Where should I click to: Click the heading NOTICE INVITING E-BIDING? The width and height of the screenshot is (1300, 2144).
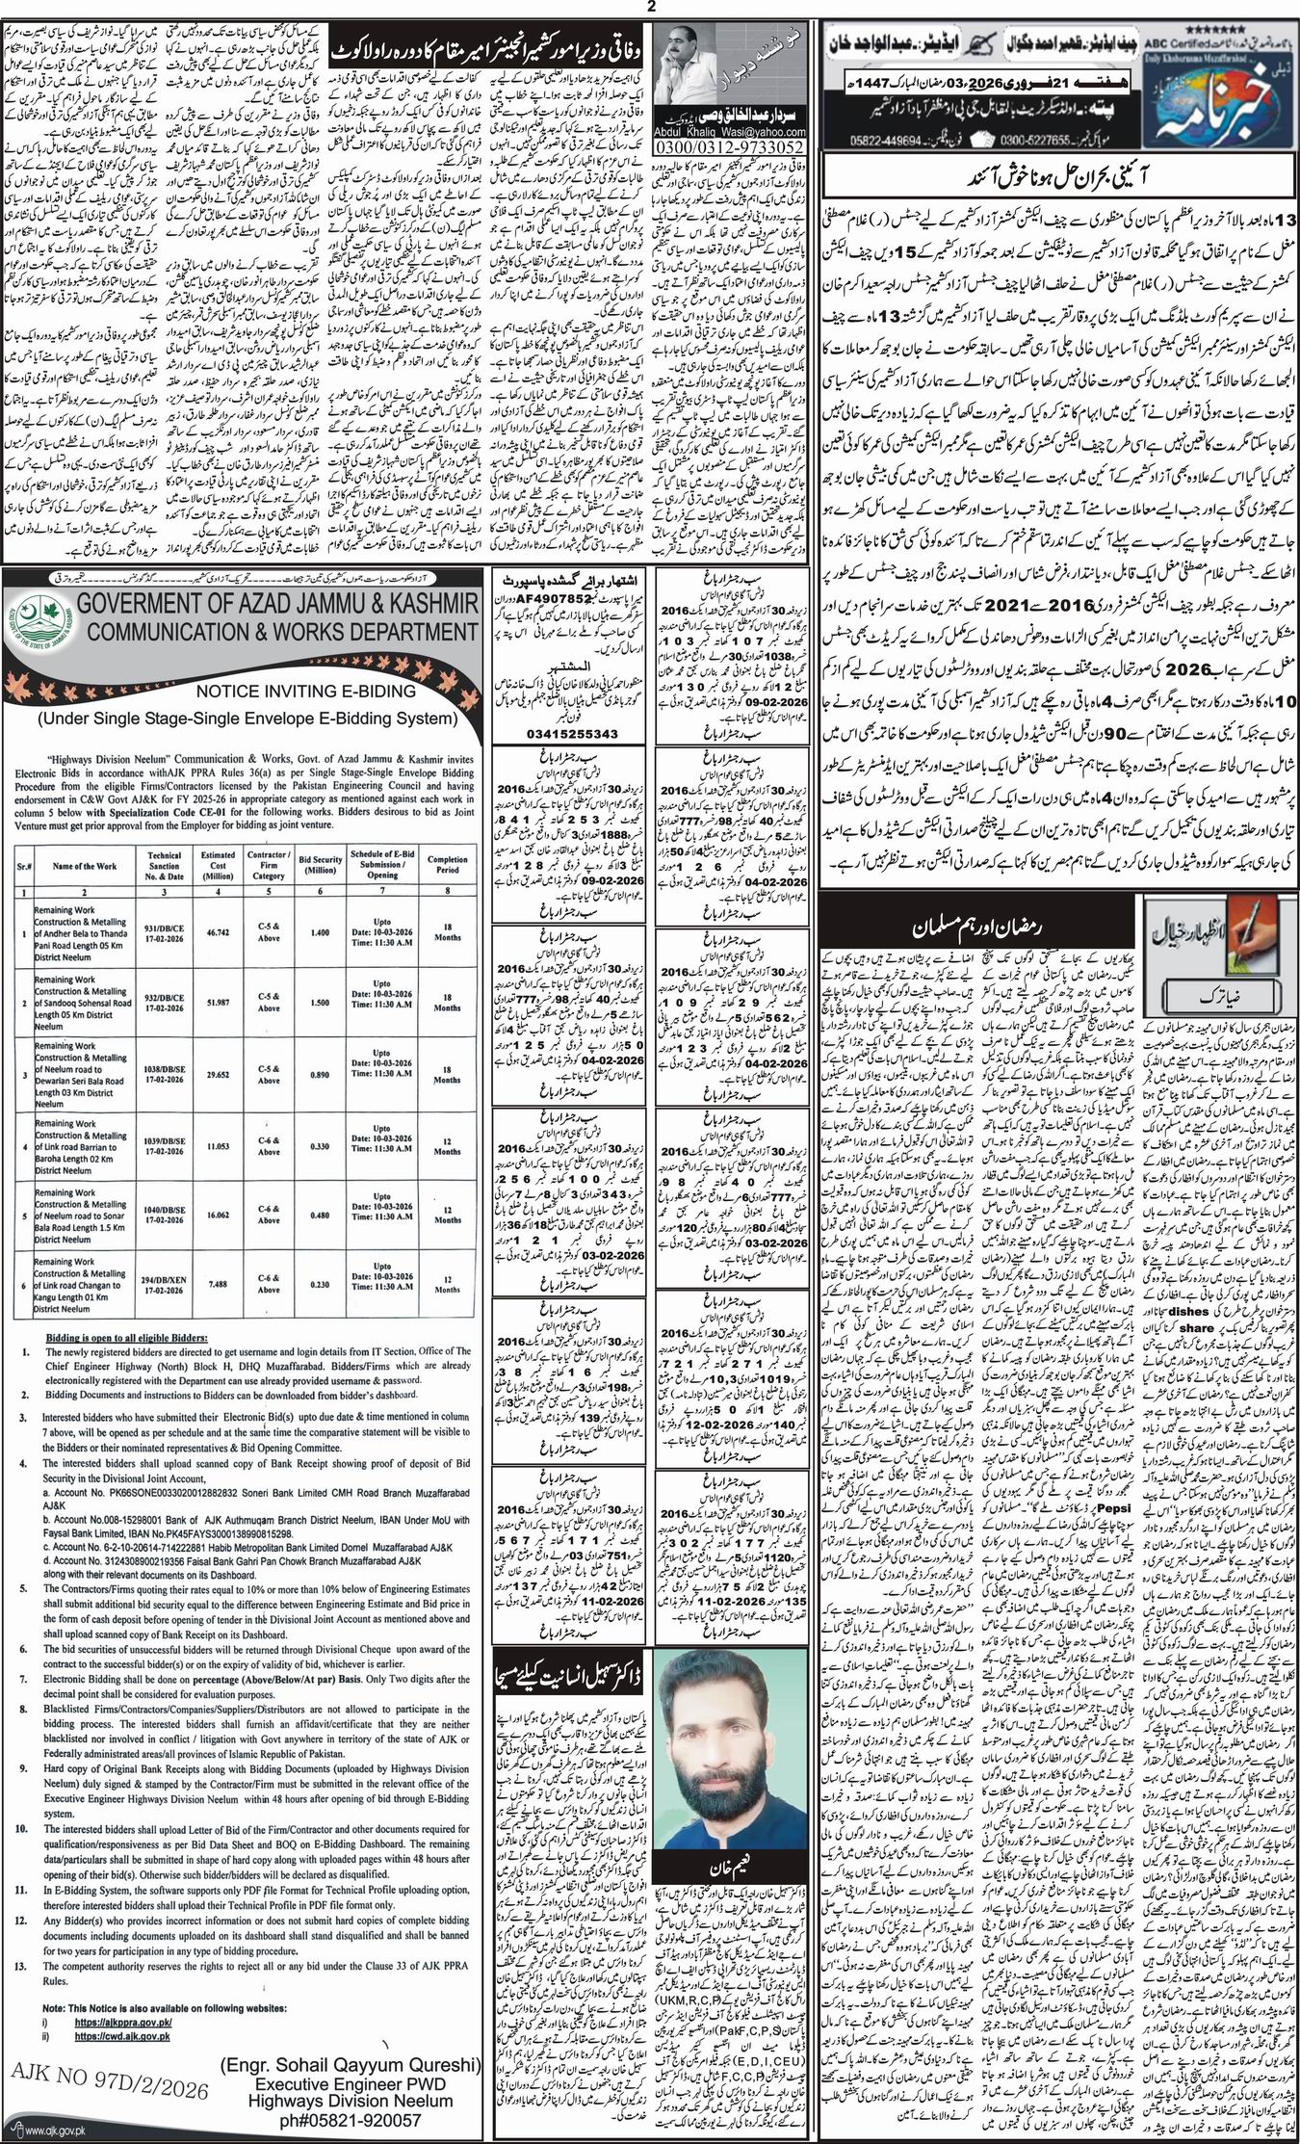pyautogui.click(x=241, y=691)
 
